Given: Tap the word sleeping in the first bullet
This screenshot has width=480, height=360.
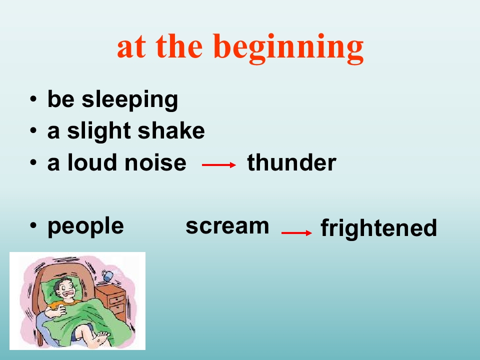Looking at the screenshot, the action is (x=130, y=99).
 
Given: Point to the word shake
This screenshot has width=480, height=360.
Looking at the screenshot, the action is (x=171, y=130).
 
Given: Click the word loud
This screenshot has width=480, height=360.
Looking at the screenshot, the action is (x=92, y=162).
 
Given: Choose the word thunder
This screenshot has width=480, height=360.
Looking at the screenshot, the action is (x=291, y=162).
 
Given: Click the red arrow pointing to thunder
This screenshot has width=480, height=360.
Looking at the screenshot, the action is (x=219, y=165).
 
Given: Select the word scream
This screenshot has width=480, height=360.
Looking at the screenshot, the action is (x=227, y=226).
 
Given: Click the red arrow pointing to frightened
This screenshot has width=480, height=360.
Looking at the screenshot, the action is (x=296, y=233).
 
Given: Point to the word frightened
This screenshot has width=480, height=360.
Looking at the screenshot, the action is (x=378, y=228).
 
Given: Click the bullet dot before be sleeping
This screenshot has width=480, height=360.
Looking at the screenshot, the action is (x=33, y=99).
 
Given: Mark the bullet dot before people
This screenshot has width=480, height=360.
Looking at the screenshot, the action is (x=33, y=226).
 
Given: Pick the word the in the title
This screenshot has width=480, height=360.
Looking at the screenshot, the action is (x=179, y=46).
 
